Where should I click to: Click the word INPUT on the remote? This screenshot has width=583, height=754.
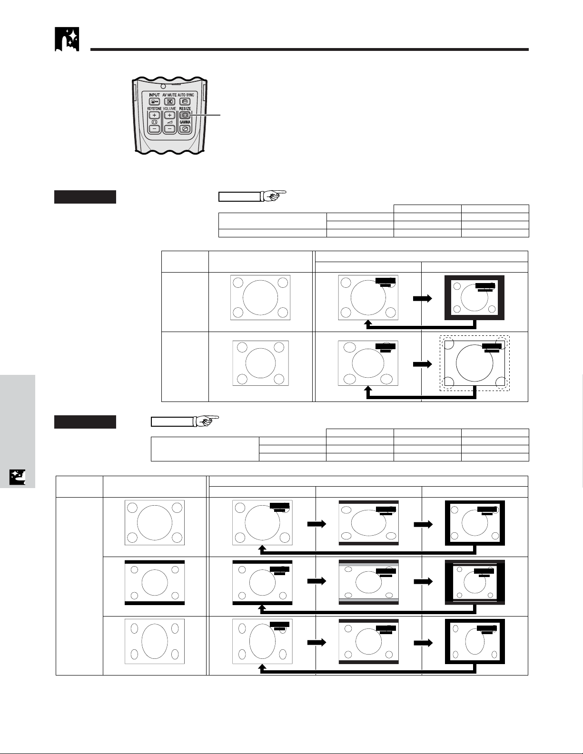pyautogui.click(x=154, y=95)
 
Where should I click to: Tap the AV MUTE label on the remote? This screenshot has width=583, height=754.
pyautogui.click(x=169, y=95)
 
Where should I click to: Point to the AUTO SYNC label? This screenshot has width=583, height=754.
pyautogui.click(x=186, y=95)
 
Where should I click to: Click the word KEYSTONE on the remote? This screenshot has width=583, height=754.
pyautogui.click(x=154, y=108)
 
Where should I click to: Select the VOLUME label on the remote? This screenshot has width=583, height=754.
pyautogui.click(x=170, y=108)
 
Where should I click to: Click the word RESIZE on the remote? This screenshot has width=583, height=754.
pyautogui.click(x=185, y=108)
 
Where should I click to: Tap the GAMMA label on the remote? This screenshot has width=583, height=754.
pyautogui.click(x=185, y=122)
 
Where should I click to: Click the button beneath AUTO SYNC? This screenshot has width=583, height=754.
pyautogui.click(x=185, y=102)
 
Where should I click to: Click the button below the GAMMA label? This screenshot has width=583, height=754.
pyautogui.click(x=185, y=129)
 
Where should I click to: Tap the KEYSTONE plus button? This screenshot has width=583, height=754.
pyautogui.click(x=154, y=115)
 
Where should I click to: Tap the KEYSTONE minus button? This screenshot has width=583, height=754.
pyautogui.click(x=154, y=129)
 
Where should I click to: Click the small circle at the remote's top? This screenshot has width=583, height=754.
pyautogui.click(x=163, y=86)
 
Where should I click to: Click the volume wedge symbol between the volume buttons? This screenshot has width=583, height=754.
pyautogui.click(x=169, y=122)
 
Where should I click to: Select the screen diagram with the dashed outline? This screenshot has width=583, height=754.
pyautogui.click(x=475, y=363)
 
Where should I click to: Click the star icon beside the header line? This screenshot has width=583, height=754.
pyautogui.click(x=67, y=39)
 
